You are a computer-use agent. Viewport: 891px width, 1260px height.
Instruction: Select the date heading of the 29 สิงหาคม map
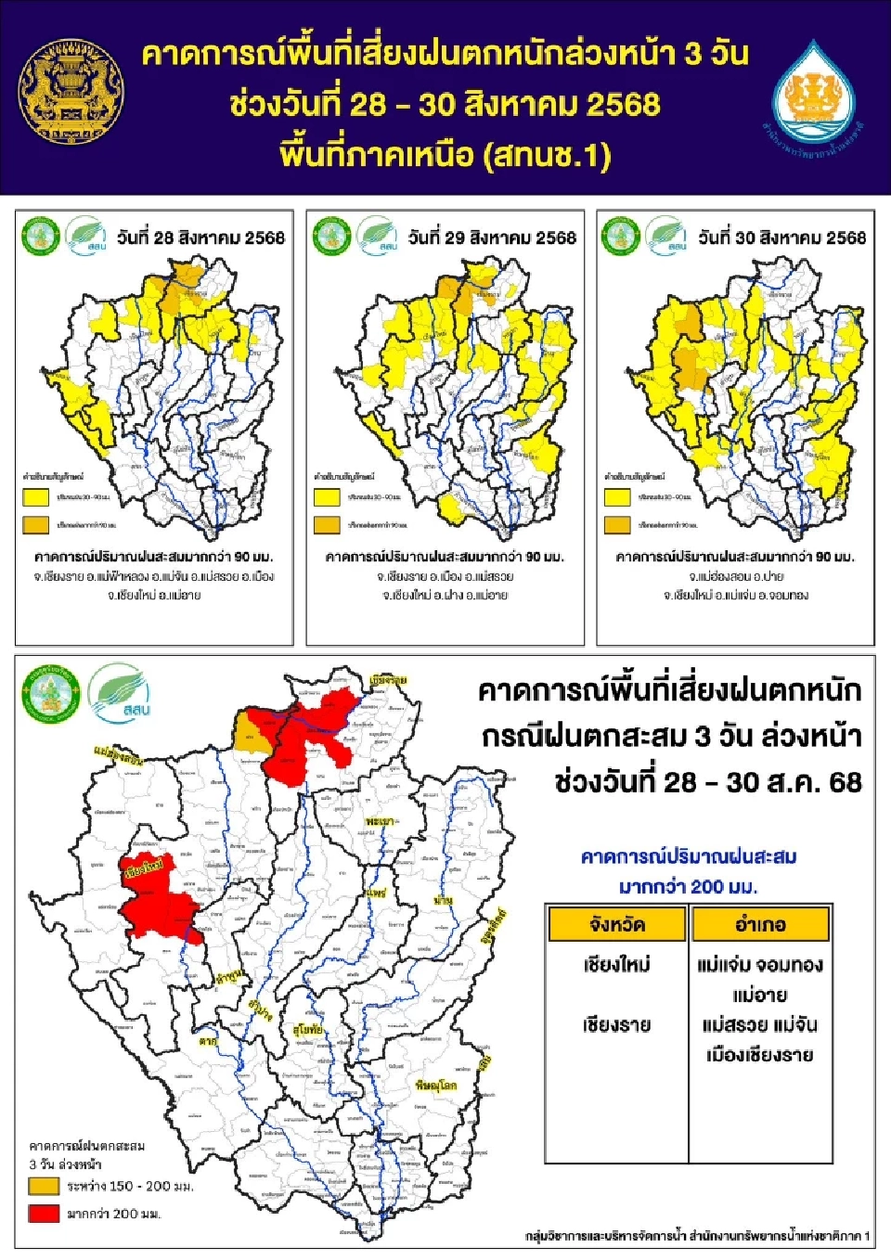point(492,238)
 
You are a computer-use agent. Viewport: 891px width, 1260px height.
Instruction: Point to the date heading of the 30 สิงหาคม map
point(781,238)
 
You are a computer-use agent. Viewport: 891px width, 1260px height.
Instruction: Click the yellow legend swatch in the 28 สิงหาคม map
point(35,498)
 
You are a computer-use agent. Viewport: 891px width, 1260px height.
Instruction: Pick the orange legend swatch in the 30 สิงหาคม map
point(617,525)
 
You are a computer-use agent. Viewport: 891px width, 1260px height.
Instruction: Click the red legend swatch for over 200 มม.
point(44,1213)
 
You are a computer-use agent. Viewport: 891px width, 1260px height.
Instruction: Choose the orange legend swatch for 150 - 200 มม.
point(44,1186)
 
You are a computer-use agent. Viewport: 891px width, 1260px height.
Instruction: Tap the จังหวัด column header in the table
point(617,924)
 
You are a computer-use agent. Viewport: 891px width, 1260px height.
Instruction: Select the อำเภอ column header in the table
point(760,924)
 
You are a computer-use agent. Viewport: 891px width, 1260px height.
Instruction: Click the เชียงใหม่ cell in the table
point(617,965)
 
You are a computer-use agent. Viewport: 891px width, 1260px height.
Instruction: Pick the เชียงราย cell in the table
point(617,1025)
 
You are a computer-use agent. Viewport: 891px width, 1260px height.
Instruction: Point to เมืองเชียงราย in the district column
point(760,1055)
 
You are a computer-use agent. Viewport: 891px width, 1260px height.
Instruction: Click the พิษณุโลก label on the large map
point(435,1085)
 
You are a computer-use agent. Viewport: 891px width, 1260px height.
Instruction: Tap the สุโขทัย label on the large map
point(308,1030)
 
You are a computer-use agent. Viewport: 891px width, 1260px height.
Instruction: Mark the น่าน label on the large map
point(443,900)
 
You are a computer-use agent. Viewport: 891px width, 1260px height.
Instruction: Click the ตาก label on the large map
point(207,1041)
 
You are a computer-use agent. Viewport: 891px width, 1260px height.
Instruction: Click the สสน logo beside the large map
point(119,691)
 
